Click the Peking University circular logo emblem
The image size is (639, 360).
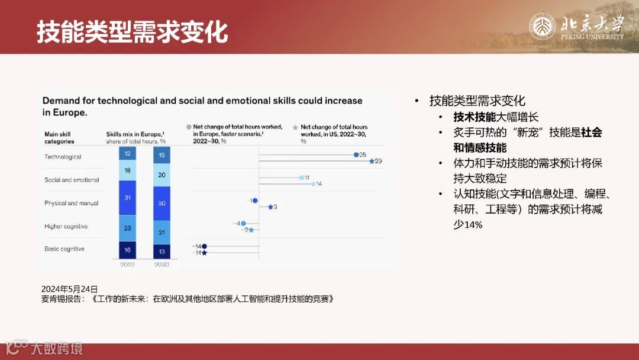(x=542, y=27)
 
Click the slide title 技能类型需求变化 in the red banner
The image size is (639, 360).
(x=133, y=31)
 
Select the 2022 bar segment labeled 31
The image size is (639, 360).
(x=127, y=198)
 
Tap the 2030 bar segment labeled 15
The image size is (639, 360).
(x=162, y=155)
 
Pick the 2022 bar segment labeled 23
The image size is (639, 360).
(x=127, y=227)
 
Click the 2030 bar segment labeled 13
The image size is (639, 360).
(x=162, y=251)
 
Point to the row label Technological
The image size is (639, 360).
(x=63, y=157)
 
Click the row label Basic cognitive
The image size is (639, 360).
(x=64, y=249)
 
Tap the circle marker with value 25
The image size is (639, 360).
(x=356, y=155)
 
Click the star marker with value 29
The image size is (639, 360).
(x=372, y=161)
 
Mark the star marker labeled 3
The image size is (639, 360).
(x=270, y=207)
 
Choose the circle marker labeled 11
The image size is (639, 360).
(x=301, y=177)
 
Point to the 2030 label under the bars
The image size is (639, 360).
(x=162, y=265)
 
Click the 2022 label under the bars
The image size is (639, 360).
(x=127, y=265)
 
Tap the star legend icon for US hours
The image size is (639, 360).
(x=295, y=127)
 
